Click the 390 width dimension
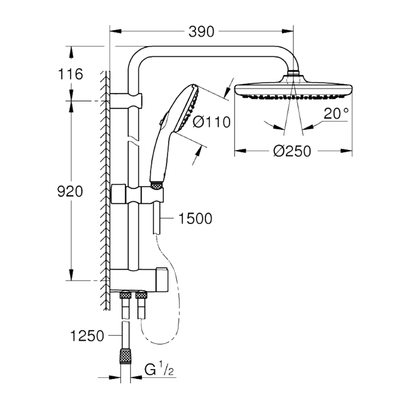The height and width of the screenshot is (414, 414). pyautogui.click(x=201, y=32)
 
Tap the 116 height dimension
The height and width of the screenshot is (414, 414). pyautogui.click(x=70, y=74)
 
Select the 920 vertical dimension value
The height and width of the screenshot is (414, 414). pyautogui.click(x=70, y=191)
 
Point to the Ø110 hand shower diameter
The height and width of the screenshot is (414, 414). pyautogui.click(x=212, y=122)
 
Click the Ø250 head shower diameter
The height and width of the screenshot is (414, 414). pyautogui.click(x=292, y=151)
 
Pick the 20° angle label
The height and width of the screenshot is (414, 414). pyautogui.click(x=336, y=113)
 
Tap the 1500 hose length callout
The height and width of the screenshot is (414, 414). pyautogui.click(x=196, y=218)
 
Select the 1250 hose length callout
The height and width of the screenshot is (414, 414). pyautogui.click(x=87, y=336)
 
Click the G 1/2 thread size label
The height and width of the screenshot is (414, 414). pyautogui.click(x=159, y=369)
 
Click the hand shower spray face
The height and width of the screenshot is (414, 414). pyautogui.click(x=189, y=108)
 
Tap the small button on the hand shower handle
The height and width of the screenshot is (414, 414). pyautogui.click(x=161, y=122)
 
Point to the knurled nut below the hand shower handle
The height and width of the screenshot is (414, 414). pyautogui.click(x=156, y=185)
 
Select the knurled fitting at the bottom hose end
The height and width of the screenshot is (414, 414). pyautogui.click(x=125, y=356)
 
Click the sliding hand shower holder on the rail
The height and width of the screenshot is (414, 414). pyautogui.click(x=137, y=195)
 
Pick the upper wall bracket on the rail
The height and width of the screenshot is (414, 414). pyautogui.click(x=126, y=100)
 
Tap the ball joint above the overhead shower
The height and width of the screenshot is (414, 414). pyautogui.click(x=293, y=73)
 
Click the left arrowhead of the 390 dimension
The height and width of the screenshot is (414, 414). pyautogui.click(x=115, y=31)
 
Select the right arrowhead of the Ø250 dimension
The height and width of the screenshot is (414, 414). pyautogui.click(x=346, y=151)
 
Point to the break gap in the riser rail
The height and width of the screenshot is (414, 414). pyautogui.click(x=134, y=139)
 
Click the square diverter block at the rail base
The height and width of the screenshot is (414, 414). pyautogui.click(x=162, y=280)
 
